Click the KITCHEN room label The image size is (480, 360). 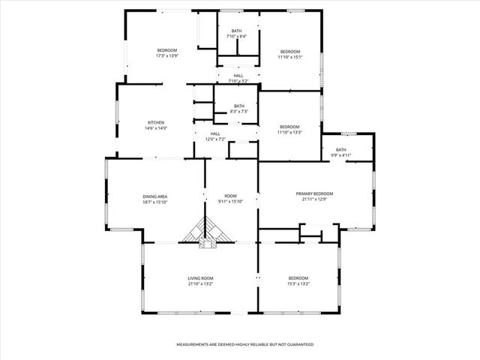pos(155,122)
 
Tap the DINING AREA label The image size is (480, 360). pos(155,196)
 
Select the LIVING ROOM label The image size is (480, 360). pos(200,278)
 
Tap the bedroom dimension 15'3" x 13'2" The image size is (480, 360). pos(298,284)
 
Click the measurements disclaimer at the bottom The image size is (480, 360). pos(244,344)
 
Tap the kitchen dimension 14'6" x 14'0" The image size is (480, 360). pos(155,128)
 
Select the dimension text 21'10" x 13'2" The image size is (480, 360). pos(200,284)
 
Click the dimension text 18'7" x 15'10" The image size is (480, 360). pos(155,202)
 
